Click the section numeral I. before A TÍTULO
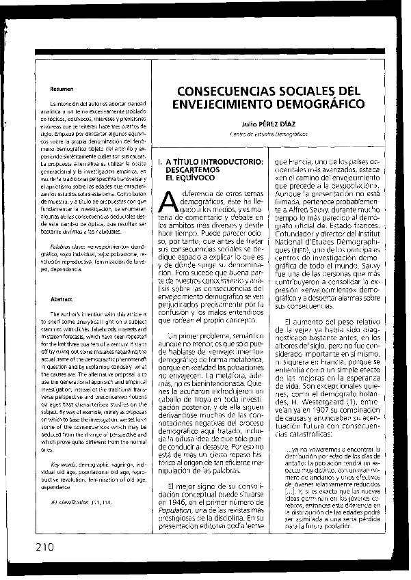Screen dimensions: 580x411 [159, 161]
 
